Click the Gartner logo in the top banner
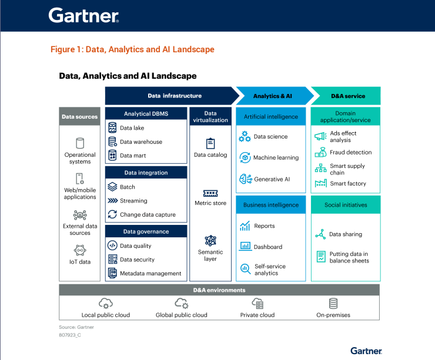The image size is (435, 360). click(x=83, y=15)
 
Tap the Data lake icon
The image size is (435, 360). click(x=112, y=127)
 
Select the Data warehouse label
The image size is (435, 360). click(x=141, y=142)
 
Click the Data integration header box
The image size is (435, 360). click(x=146, y=173)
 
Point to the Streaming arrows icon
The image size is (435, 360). click(x=112, y=201)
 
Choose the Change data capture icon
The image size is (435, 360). click(x=112, y=214)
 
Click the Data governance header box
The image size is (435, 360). click(x=146, y=231)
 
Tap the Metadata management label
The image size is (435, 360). click(x=150, y=273)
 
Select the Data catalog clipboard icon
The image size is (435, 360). click(x=210, y=143)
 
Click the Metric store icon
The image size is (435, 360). click(x=210, y=193)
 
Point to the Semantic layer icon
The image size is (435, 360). click(x=210, y=241)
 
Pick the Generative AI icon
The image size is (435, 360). click(x=245, y=179)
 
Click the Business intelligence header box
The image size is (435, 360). click(x=271, y=205)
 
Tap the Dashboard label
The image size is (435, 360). click(x=268, y=247)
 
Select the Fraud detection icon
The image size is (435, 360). click(x=320, y=152)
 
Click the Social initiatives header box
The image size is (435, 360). click(x=346, y=205)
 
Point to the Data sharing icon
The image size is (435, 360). click(x=320, y=234)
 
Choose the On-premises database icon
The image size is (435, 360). click(x=333, y=303)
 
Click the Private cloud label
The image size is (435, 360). click(x=257, y=315)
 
